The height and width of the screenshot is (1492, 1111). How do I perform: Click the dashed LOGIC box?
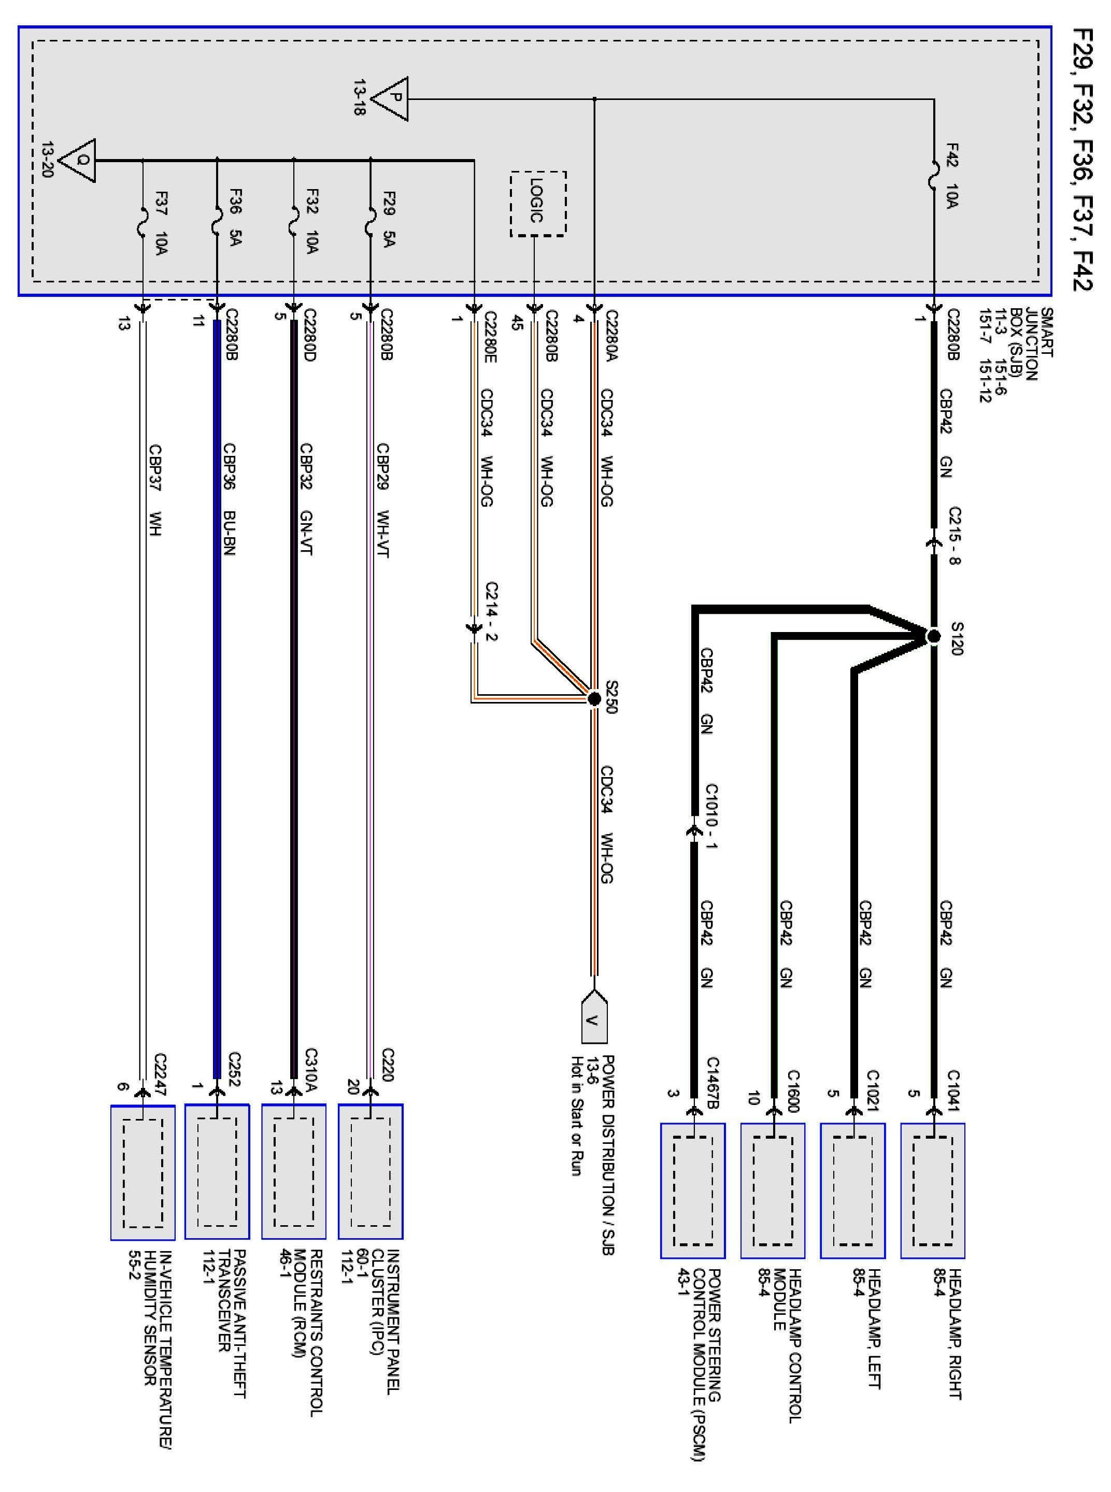537,204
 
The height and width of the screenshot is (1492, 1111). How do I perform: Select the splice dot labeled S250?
594,699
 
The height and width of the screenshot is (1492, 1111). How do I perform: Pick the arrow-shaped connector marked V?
594,1016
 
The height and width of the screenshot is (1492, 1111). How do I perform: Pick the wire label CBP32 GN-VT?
306,499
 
